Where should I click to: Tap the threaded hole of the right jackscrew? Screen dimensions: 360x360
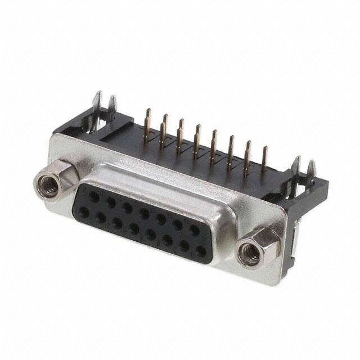point(250,253)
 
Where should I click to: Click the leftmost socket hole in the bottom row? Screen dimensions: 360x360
point(84,211)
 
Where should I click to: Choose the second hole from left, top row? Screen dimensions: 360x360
point(111,203)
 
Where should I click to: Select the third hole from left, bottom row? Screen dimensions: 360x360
point(117,223)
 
